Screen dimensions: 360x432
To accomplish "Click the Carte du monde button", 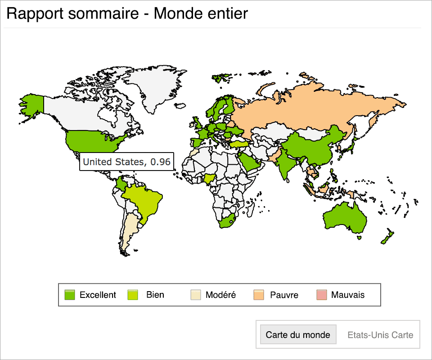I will coord(298,335).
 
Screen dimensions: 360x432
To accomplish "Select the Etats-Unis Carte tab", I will coord(380,335).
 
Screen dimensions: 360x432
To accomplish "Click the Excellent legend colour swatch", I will coord(70,295).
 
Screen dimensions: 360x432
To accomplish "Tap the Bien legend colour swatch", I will coord(134,295).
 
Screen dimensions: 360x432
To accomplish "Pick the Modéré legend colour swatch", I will coord(195,295).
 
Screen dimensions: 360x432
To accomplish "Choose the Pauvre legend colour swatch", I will coord(259,295).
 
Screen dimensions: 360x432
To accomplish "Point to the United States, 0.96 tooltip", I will coord(126,162).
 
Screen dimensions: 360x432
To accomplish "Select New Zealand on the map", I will coord(387,237).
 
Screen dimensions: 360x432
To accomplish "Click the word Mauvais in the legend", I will coord(348,295).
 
